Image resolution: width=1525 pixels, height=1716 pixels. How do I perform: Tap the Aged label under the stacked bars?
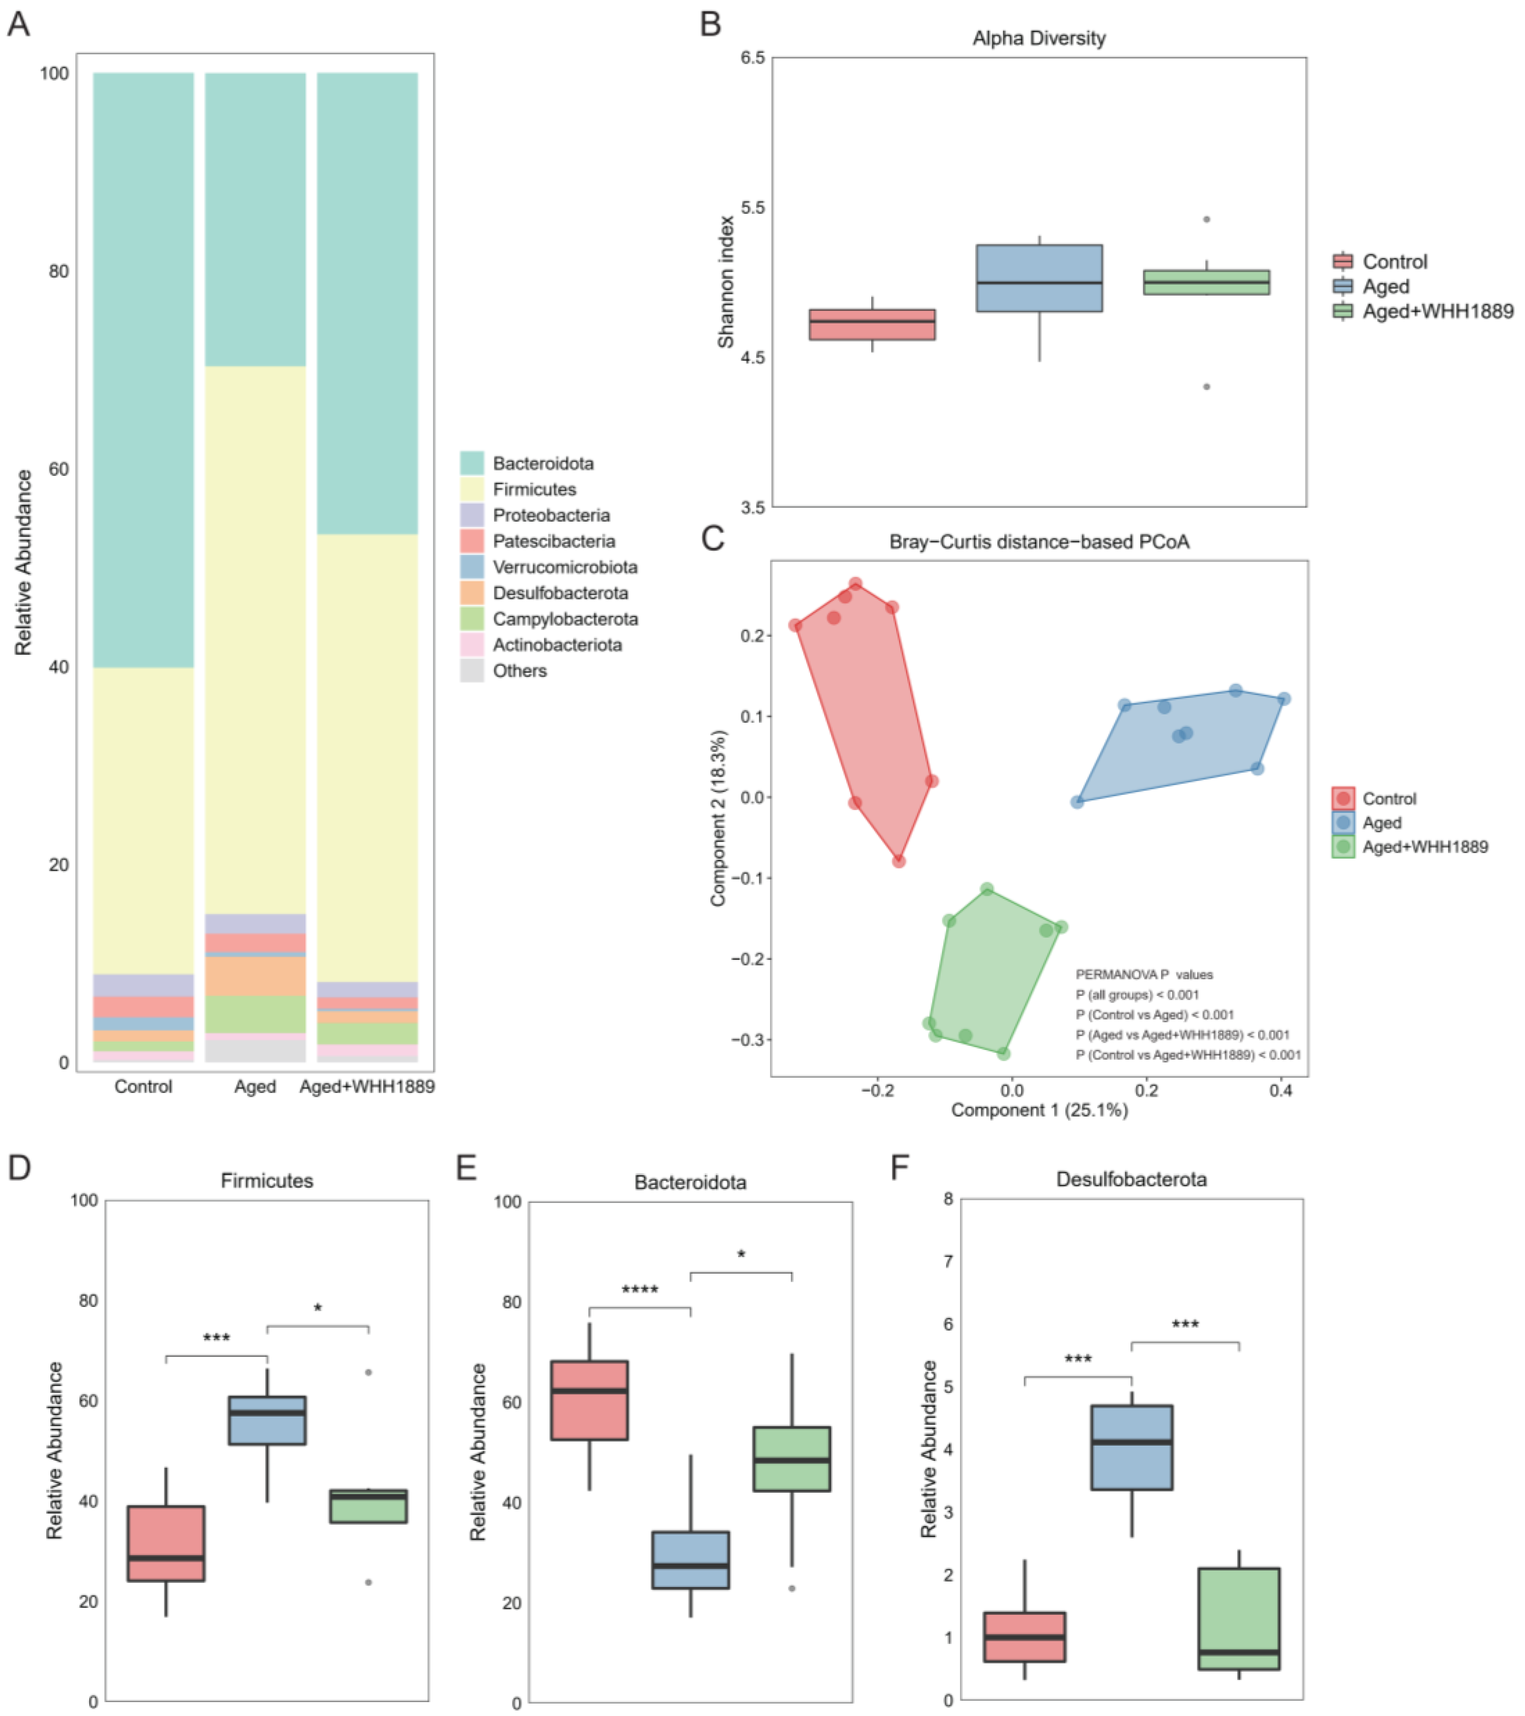[255, 1087]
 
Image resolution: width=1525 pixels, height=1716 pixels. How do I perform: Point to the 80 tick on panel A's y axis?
[57, 271]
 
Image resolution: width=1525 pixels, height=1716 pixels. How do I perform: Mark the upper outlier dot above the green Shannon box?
[1206, 219]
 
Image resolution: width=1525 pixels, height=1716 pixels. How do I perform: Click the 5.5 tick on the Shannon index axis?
[753, 208]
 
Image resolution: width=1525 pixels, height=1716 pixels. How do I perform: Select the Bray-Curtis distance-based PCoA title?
[1039, 542]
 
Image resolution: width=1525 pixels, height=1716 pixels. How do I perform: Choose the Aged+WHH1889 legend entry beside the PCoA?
[1424, 847]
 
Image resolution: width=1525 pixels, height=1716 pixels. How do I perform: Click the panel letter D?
[18, 1168]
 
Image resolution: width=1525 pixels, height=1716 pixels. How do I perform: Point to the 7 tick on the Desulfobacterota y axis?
[948, 1261]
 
